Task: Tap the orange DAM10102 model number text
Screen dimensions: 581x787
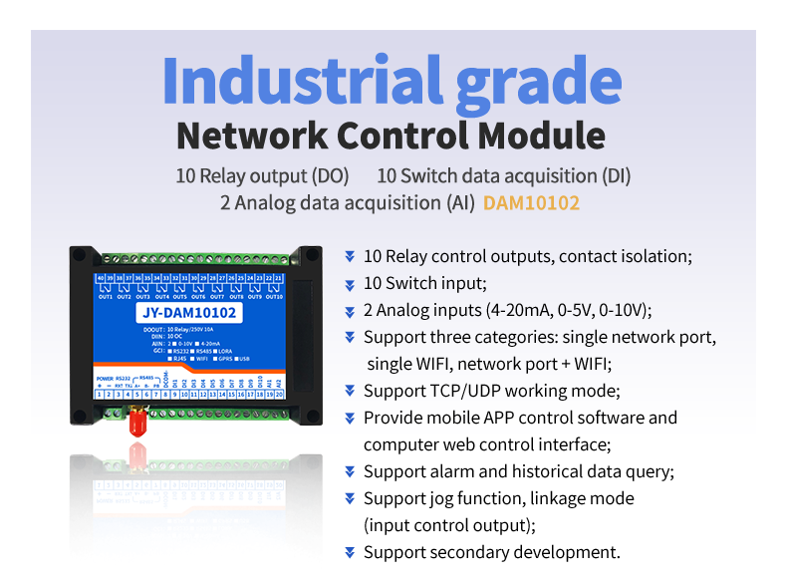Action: (531, 203)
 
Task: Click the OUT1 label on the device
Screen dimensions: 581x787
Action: (105, 297)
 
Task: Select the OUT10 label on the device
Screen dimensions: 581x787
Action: (274, 297)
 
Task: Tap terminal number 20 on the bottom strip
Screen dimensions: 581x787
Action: (280, 395)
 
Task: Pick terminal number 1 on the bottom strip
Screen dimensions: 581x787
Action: (100, 395)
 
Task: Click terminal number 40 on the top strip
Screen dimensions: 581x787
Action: (100, 277)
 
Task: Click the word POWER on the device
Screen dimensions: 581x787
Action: (105, 379)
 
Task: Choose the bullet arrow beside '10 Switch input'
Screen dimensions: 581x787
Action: (350, 283)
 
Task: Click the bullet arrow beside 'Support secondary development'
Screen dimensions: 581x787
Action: (350, 552)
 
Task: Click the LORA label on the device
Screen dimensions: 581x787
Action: (222, 351)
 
